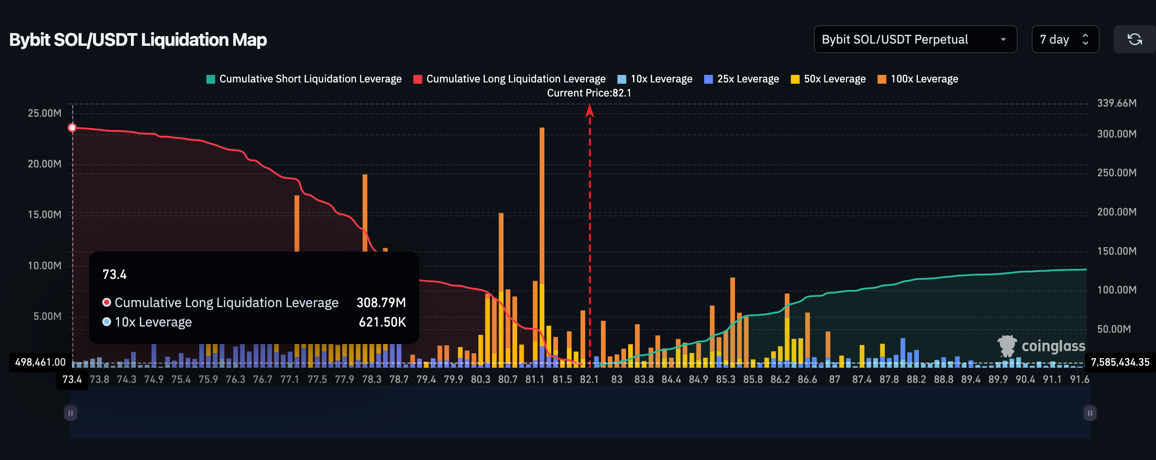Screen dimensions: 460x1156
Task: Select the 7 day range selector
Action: coord(1064,40)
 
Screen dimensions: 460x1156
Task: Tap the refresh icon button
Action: coord(1134,40)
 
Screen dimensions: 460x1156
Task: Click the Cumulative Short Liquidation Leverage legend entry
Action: coord(304,79)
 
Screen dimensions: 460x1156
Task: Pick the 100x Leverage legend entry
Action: coord(918,79)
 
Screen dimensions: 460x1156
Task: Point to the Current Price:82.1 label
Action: coord(589,93)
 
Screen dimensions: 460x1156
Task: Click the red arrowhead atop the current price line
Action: coord(589,110)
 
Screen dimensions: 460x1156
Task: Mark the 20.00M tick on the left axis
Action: coord(45,164)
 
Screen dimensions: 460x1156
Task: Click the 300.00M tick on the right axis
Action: coord(1116,134)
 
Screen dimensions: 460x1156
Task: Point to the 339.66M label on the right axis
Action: coord(1116,103)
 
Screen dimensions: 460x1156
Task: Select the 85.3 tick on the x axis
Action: coord(725,379)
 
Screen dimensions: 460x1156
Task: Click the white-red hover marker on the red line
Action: coord(72,128)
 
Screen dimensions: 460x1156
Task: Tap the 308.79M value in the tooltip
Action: coord(381,303)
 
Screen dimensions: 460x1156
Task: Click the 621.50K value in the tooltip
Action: coord(382,322)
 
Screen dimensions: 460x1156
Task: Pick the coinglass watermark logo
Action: coord(1041,346)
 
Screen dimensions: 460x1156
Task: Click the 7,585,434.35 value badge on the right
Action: coord(1120,362)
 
